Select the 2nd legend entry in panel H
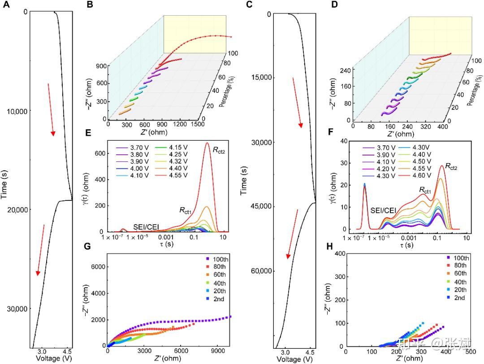click(460, 298)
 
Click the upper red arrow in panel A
click(51, 109)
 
